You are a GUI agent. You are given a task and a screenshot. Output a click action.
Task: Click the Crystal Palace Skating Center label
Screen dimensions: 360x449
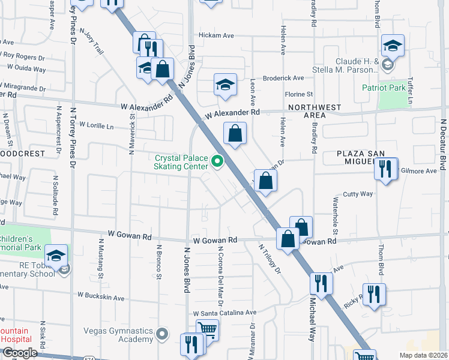coord(181,163)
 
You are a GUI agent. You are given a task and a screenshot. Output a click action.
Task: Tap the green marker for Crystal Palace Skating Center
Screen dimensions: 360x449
coord(217,161)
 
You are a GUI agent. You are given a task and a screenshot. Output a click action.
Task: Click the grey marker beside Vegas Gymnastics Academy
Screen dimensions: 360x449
coord(161,333)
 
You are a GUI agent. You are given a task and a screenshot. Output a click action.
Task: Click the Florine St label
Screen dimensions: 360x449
coord(299,94)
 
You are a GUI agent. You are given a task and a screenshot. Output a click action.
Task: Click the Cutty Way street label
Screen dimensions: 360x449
coord(358,194)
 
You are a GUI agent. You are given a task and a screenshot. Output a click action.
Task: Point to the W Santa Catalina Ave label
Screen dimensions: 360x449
coord(224,313)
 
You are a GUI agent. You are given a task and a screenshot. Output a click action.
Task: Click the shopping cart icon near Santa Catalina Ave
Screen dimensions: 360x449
coord(207,329)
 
